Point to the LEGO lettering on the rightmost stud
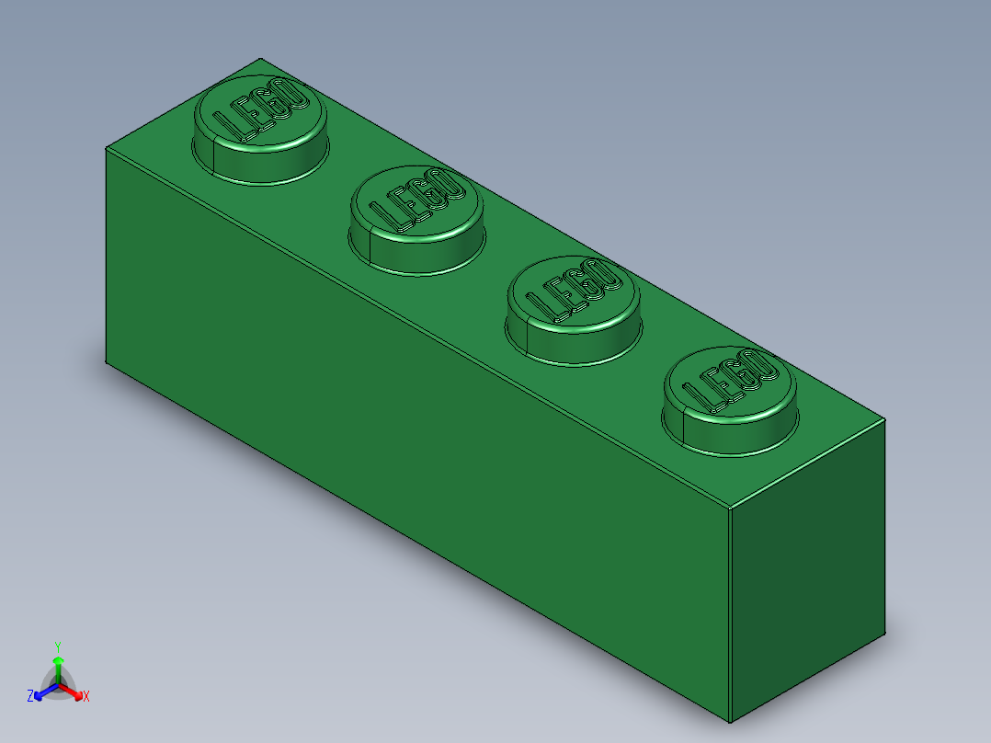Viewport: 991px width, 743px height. tap(730, 382)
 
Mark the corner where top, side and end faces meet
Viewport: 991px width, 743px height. tap(729, 507)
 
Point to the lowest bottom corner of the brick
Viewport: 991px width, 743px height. tap(730, 723)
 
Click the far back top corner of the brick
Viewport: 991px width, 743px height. tap(260, 57)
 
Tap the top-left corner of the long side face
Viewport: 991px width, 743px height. tap(106, 147)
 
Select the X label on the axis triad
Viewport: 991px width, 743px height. tap(86, 697)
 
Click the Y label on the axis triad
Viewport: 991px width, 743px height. tap(58, 646)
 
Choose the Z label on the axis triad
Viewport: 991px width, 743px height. tap(30, 696)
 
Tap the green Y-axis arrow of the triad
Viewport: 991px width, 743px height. tap(58, 666)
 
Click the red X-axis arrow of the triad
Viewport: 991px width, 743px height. tap(74, 692)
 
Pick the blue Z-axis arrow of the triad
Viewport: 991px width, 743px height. tap(42, 692)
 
